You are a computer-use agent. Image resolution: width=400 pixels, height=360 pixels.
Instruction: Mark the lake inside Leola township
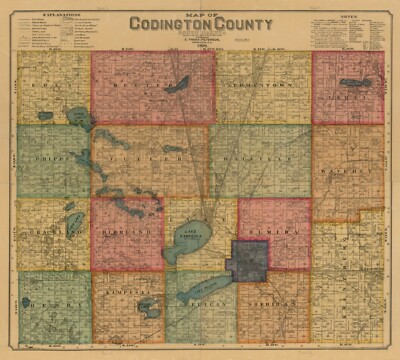(x=355, y=82)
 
